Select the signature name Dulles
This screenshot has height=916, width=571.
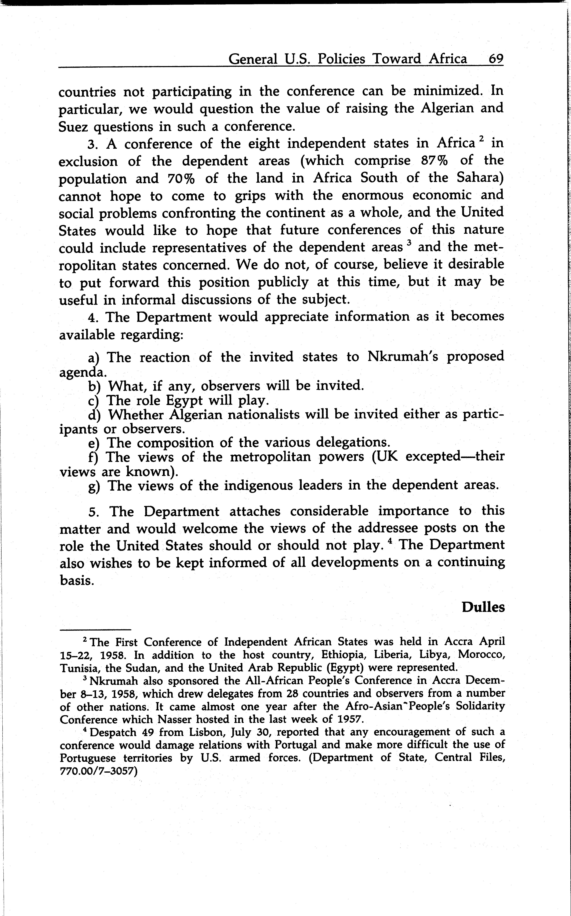(x=483, y=607)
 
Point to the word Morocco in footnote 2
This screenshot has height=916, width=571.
(x=483, y=655)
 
